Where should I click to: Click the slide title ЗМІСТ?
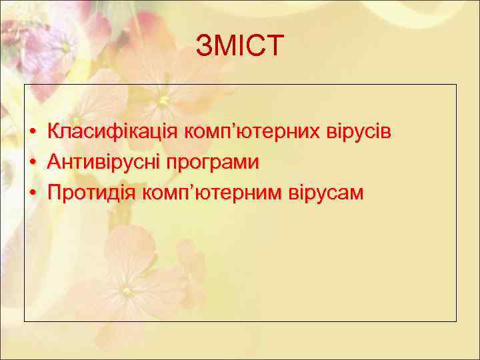(x=240, y=47)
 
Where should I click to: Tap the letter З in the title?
(x=204, y=47)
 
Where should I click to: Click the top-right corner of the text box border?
(x=456, y=85)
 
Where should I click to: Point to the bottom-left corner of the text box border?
(x=25, y=321)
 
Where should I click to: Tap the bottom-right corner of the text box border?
(x=456, y=321)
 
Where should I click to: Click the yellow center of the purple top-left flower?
(x=65, y=47)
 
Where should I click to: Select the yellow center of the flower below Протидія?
(x=127, y=291)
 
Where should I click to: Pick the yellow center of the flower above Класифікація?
(x=163, y=101)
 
